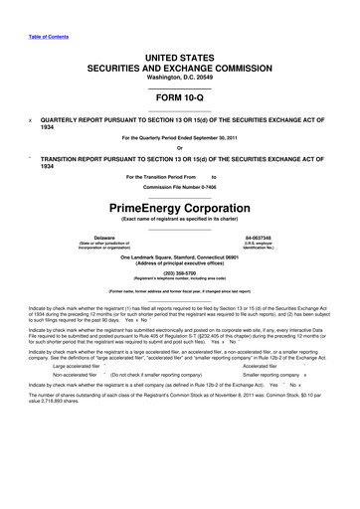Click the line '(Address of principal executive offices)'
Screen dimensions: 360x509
pyautogui.click(x=180, y=285)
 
